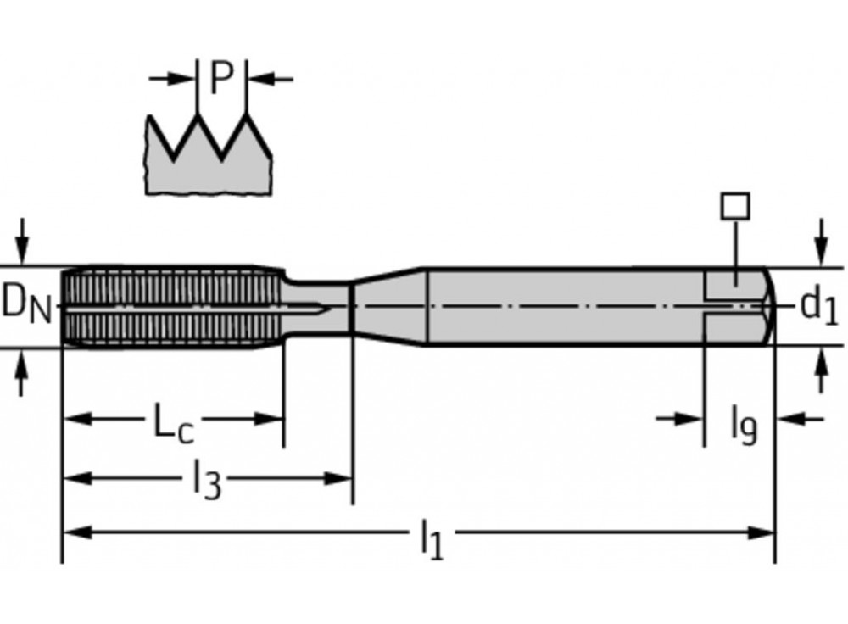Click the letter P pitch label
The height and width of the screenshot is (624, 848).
(221, 78)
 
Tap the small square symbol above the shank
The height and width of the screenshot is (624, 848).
(734, 206)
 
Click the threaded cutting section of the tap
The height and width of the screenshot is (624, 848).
(170, 306)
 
